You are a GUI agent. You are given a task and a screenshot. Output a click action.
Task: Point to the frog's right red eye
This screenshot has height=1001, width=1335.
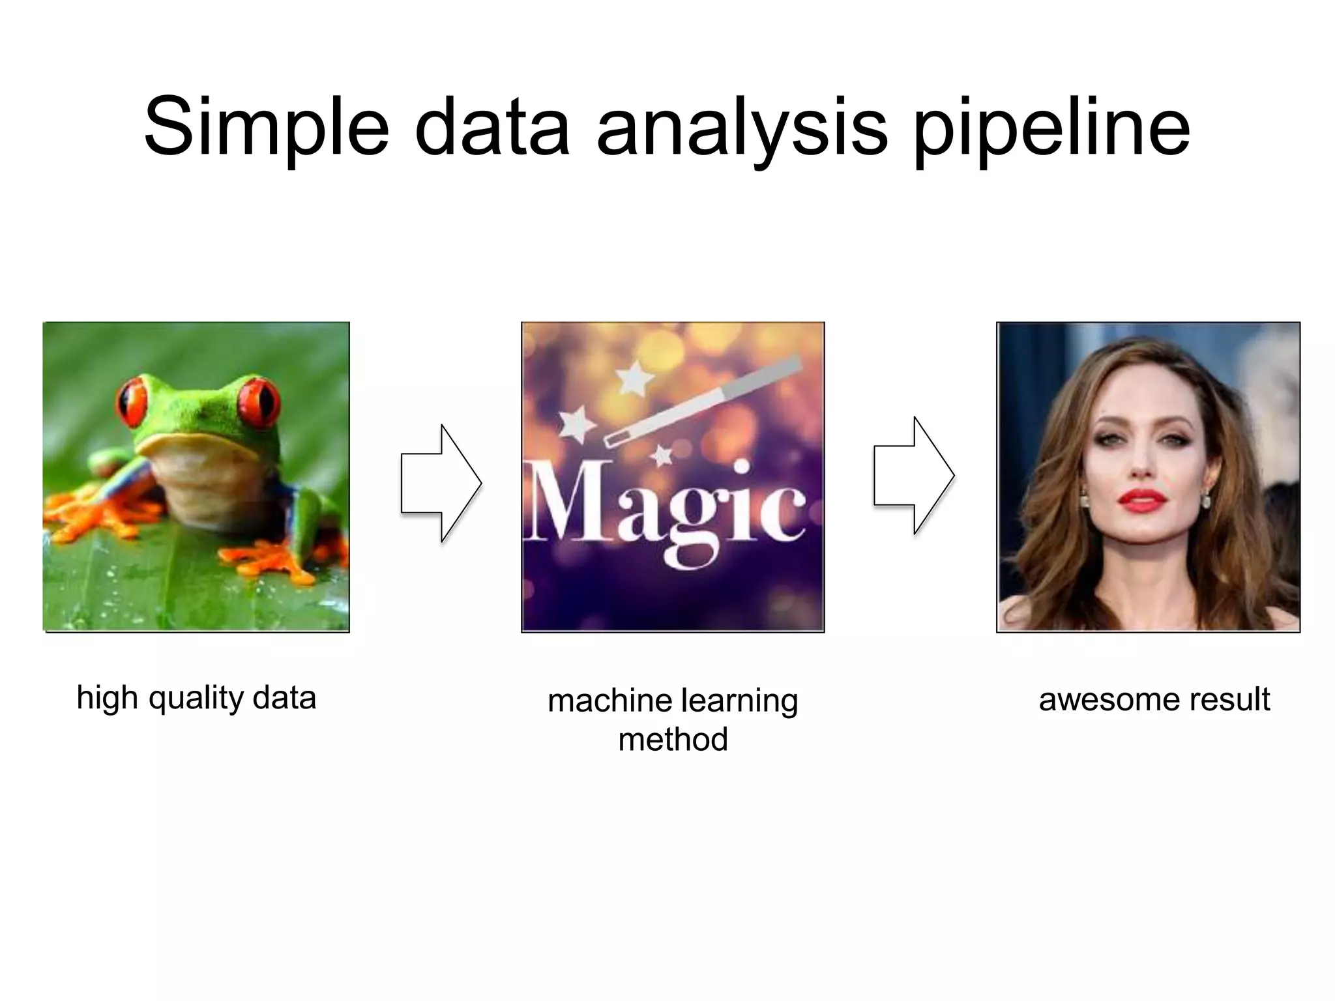click(x=259, y=401)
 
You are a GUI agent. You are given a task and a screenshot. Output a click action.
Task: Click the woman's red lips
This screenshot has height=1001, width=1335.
click(x=1141, y=500)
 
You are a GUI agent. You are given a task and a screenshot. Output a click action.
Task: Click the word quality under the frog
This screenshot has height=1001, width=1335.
click(x=196, y=698)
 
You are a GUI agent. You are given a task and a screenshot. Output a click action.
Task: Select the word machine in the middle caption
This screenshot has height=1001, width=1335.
click(x=610, y=701)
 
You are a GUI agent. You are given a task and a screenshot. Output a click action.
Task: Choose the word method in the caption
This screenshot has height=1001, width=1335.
click(x=673, y=740)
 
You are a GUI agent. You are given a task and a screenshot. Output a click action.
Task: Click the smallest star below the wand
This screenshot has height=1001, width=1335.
click(x=662, y=456)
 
